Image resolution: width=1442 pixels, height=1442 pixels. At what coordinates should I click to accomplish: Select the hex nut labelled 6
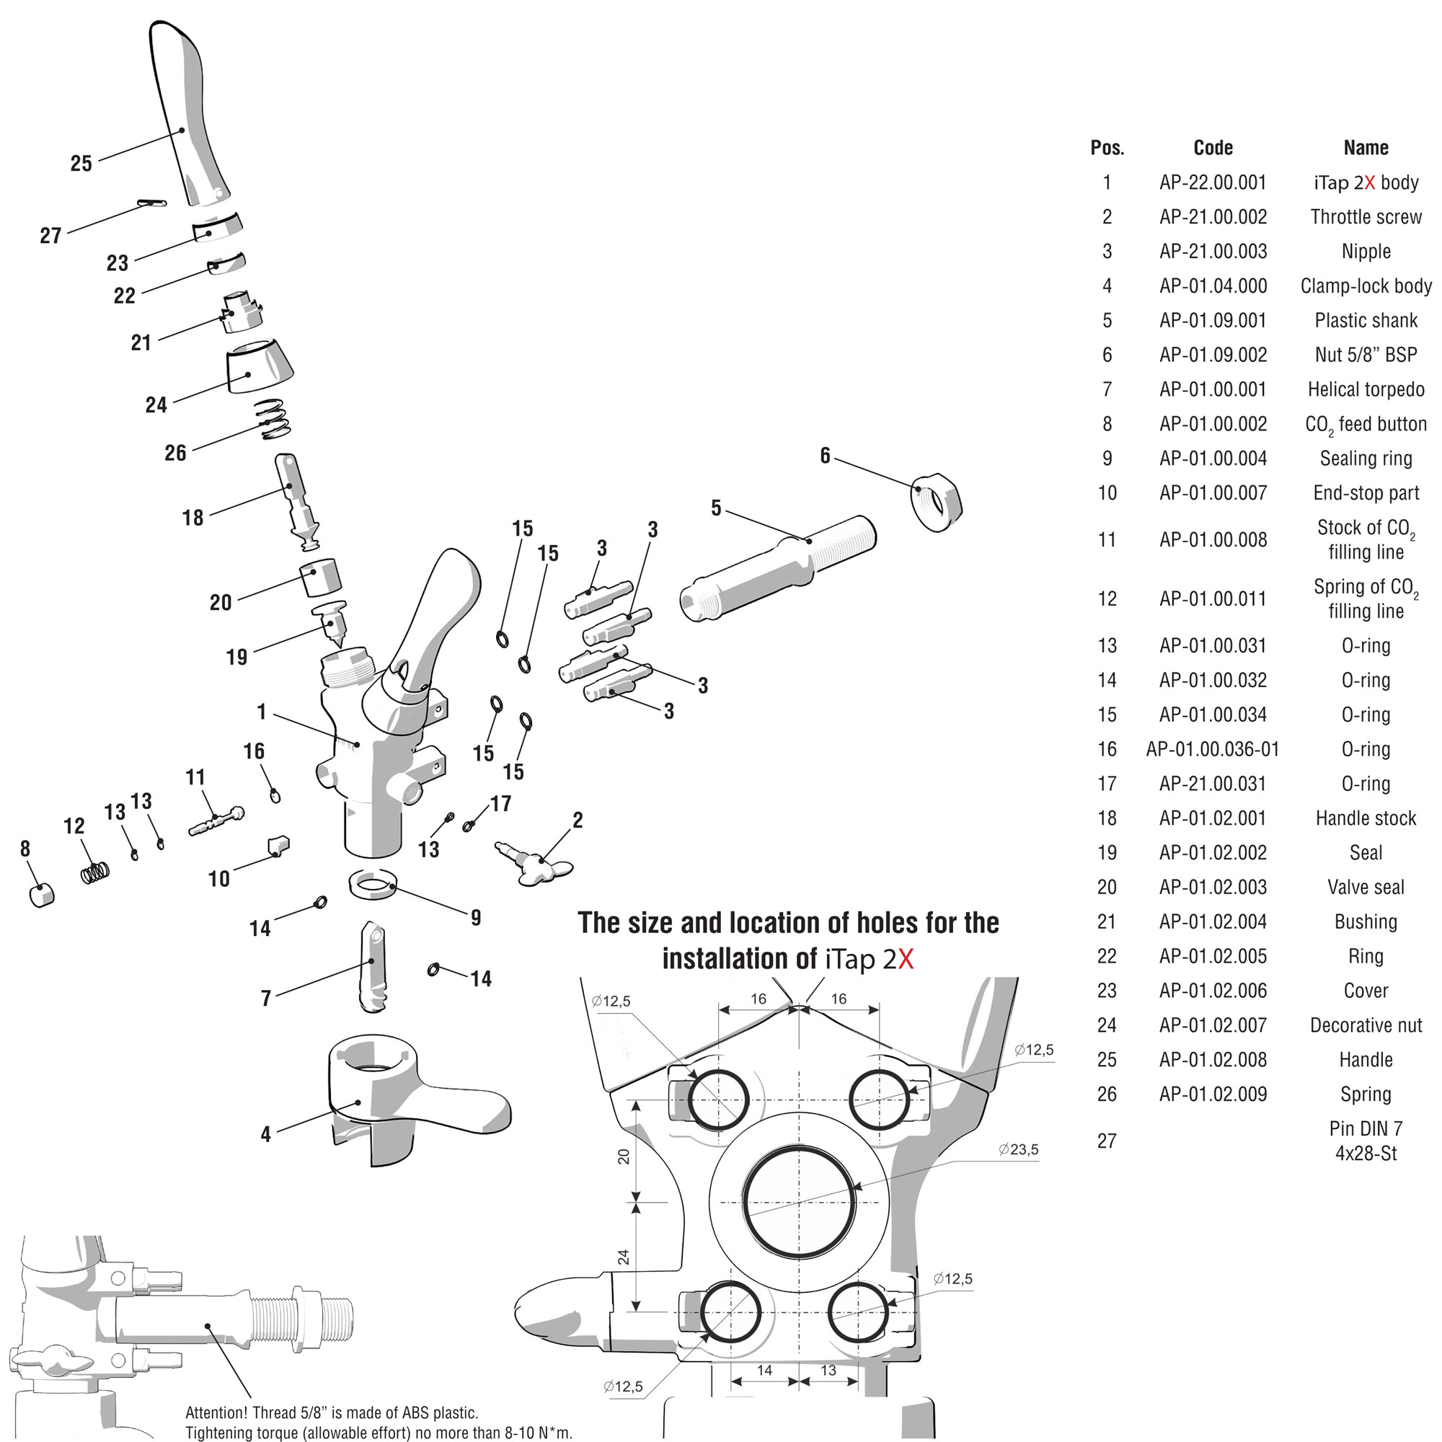tap(937, 503)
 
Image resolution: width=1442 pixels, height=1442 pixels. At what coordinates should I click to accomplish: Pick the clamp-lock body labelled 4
tap(403, 1097)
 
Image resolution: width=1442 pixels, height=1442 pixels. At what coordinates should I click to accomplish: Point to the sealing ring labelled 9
tap(373, 885)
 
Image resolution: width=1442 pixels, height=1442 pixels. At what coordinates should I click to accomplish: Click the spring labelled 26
tap(272, 419)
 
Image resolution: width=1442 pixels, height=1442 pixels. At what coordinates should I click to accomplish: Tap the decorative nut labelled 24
tap(259, 366)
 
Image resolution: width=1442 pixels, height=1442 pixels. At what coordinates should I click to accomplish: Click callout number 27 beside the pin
tap(50, 236)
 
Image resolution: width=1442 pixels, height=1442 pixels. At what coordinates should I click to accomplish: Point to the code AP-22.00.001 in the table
tap(1213, 182)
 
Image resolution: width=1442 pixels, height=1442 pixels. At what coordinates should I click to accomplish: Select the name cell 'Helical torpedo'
tap(1366, 389)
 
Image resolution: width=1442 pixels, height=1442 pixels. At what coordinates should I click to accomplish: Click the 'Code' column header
tap(1213, 148)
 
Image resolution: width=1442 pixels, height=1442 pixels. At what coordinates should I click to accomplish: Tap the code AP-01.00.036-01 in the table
tap(1213, 748)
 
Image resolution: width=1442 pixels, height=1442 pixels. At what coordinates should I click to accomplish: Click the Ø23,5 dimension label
tap(1018, 1149)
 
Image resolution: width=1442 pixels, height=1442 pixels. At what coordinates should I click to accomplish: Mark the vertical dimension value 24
tap(623, 1257)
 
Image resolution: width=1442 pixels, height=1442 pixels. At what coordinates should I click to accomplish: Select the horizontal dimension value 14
tap(764, 1371)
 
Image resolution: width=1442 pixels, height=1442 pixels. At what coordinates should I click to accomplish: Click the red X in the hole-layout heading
tap(906, 959)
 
